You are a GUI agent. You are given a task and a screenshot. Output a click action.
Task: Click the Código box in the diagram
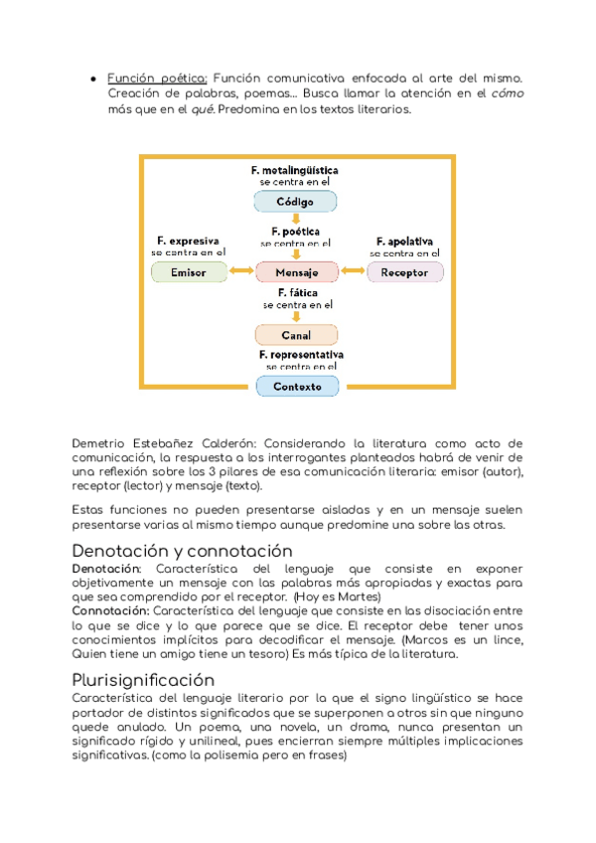pyautogui.click(x=296, y=202)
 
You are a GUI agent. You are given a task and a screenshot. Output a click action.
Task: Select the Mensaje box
pyautogui.click(x=297, y=272)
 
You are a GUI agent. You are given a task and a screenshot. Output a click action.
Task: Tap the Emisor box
pyautogui.click(x=189, y=272)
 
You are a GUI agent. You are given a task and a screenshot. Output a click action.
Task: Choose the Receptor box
pyautogui.click(x=404, y=272)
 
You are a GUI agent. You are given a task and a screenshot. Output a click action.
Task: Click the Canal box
pyautogui.click(x=296, y=335)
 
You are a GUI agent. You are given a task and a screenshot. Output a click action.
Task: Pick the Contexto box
pyautogui.click(x=296, y=386)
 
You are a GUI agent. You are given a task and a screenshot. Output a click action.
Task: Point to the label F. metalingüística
pyautogui.click(x=295, y=170)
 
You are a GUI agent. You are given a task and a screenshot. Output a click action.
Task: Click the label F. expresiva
pyautogui.click(x=189, y=241)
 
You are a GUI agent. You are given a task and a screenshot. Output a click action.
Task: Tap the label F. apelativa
pyautogui.click(x=404, y=241)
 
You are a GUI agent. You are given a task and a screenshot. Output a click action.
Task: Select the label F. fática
pyautogui.click(x=296, y=293)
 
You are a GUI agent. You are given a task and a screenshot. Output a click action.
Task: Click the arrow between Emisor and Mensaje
pyautogui.click(x=240, y=272)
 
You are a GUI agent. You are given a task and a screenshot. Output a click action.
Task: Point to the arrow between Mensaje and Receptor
pyautogui.click(x=353, y=272)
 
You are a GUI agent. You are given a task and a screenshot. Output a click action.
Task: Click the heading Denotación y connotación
pyautogui.click(x=183, y=550)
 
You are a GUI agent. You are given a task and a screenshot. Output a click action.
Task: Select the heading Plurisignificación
pyautogui.click(x=144, y=680)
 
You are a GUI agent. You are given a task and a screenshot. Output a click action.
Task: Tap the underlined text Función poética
pyautogui.click(x=157, y=79)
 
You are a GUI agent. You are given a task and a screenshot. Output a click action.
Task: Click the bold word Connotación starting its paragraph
pyautogui.click(x=108, y=609)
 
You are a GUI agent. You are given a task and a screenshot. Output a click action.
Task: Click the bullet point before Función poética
pyautogui.click(x=92, y=79)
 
